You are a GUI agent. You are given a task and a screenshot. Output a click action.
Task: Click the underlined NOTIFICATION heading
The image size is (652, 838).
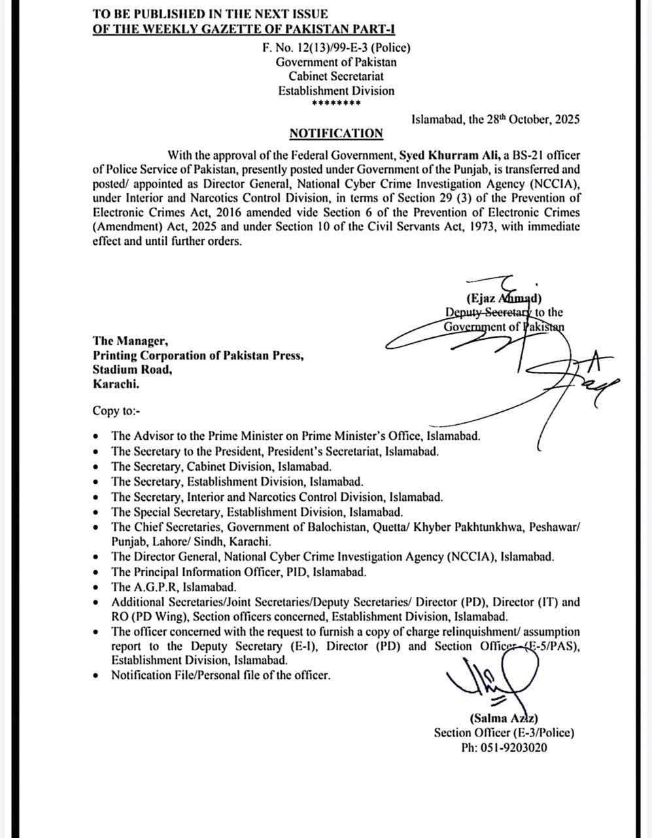pos(336,134)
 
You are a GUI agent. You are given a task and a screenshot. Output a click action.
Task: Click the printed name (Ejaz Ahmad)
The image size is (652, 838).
pos(504,299)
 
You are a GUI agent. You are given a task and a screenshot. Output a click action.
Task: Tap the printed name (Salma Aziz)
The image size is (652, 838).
pos(504,718)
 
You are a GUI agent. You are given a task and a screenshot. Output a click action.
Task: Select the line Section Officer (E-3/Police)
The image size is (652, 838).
pos(504,733)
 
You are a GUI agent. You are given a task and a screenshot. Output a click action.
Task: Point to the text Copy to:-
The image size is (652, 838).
pos(116,411)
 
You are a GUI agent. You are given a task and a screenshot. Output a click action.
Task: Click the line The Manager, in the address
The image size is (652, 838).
pos(130,340)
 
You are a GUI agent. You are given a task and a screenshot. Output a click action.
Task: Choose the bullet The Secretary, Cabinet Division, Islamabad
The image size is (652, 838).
pos(221,467)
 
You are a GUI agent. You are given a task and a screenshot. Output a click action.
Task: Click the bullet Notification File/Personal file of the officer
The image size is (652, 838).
pos(220,675)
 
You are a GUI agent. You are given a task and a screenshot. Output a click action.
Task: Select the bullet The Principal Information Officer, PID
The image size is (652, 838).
pos(239,572)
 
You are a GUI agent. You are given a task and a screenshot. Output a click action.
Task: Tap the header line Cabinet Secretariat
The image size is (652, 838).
pos(336,77)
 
